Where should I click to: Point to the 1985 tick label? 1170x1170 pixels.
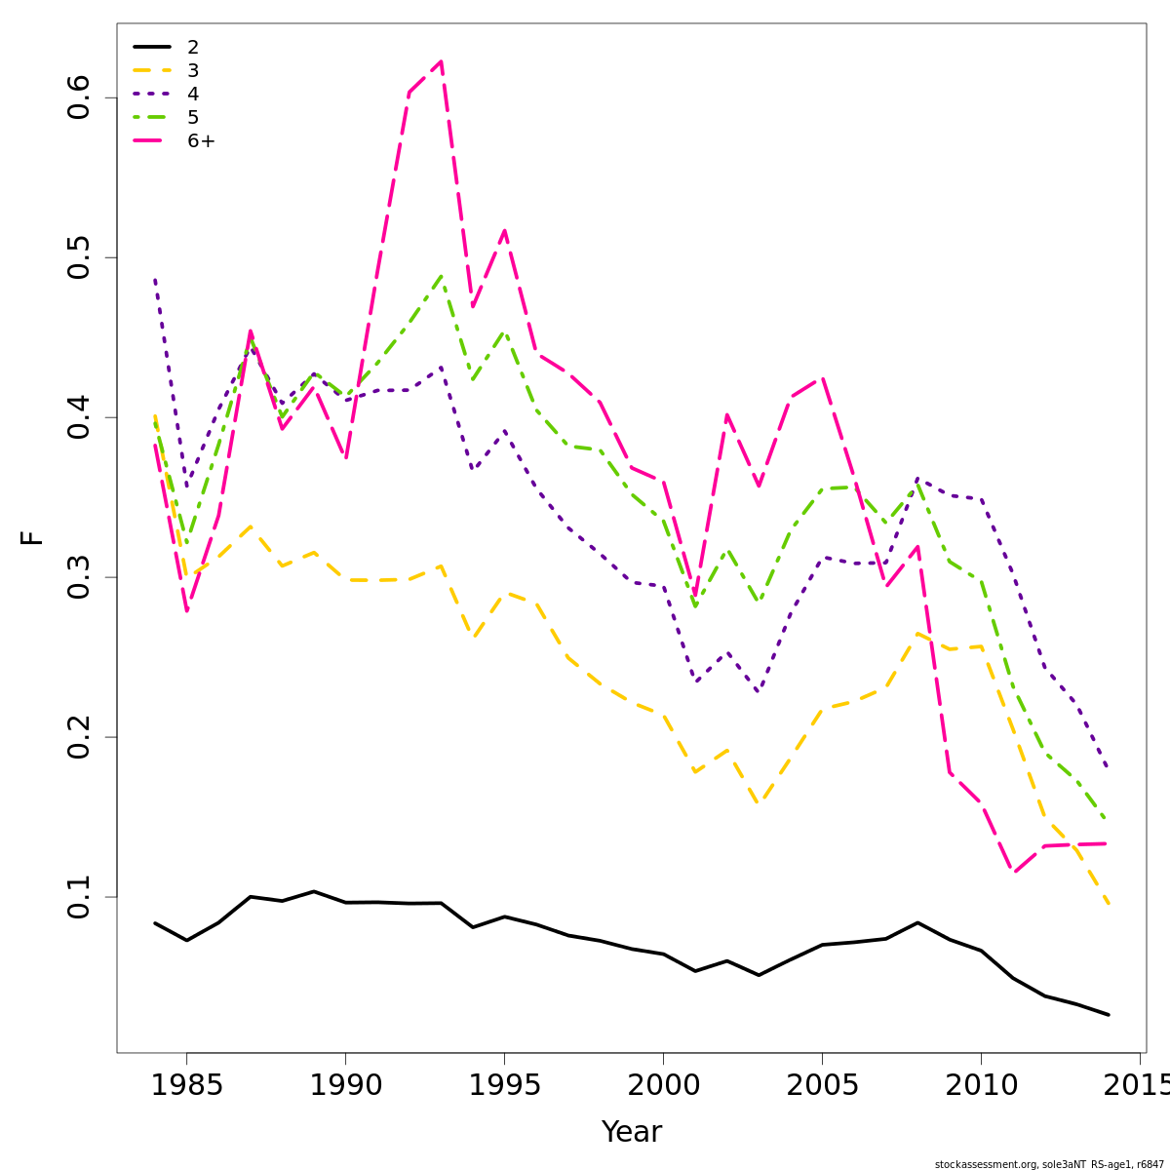186,1085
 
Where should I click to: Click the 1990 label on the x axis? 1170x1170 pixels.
345,1085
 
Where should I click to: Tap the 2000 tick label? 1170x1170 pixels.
663,1085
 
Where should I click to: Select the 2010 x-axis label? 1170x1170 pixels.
981,1085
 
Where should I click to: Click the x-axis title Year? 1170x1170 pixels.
631,1132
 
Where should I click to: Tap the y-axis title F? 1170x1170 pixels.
32,537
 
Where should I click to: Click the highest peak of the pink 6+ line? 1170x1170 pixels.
441,61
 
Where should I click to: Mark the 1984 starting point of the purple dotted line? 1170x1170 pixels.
155,279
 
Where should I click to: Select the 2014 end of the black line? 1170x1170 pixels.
1109,1015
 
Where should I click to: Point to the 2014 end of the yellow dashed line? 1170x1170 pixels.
1109,904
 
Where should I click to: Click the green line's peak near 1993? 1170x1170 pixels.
441,276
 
